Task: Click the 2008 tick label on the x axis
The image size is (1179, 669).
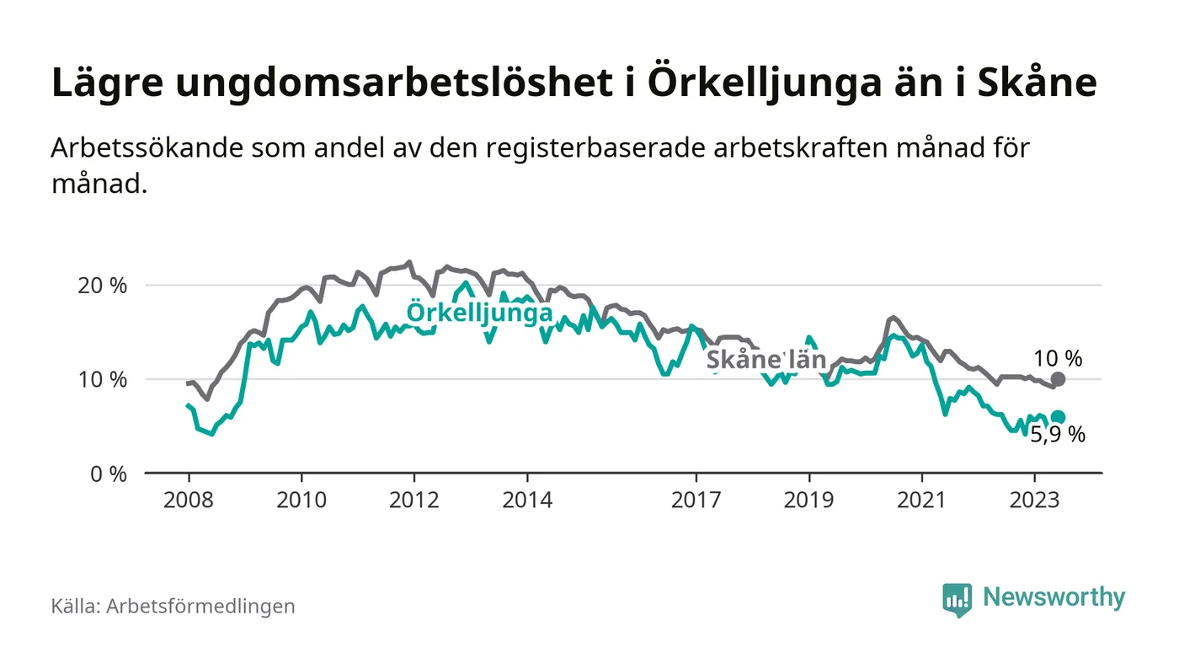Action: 188,500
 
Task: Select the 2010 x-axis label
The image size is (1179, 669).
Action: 301,500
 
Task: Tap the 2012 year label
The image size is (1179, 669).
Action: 413,500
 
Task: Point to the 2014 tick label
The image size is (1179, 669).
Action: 527,500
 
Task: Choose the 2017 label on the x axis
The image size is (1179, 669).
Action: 696,500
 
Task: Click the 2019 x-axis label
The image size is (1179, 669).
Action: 809,500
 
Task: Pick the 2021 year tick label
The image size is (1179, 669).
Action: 922,500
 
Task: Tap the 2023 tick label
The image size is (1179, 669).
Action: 1035,500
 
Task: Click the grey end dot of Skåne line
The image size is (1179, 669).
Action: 1059,379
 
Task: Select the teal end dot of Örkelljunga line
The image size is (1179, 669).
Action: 1059,417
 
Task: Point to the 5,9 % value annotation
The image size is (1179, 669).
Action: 1058,436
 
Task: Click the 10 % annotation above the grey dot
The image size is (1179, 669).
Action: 1058,358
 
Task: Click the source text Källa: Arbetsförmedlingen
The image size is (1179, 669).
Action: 173,606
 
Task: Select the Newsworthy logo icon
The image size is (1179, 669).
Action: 957,599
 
